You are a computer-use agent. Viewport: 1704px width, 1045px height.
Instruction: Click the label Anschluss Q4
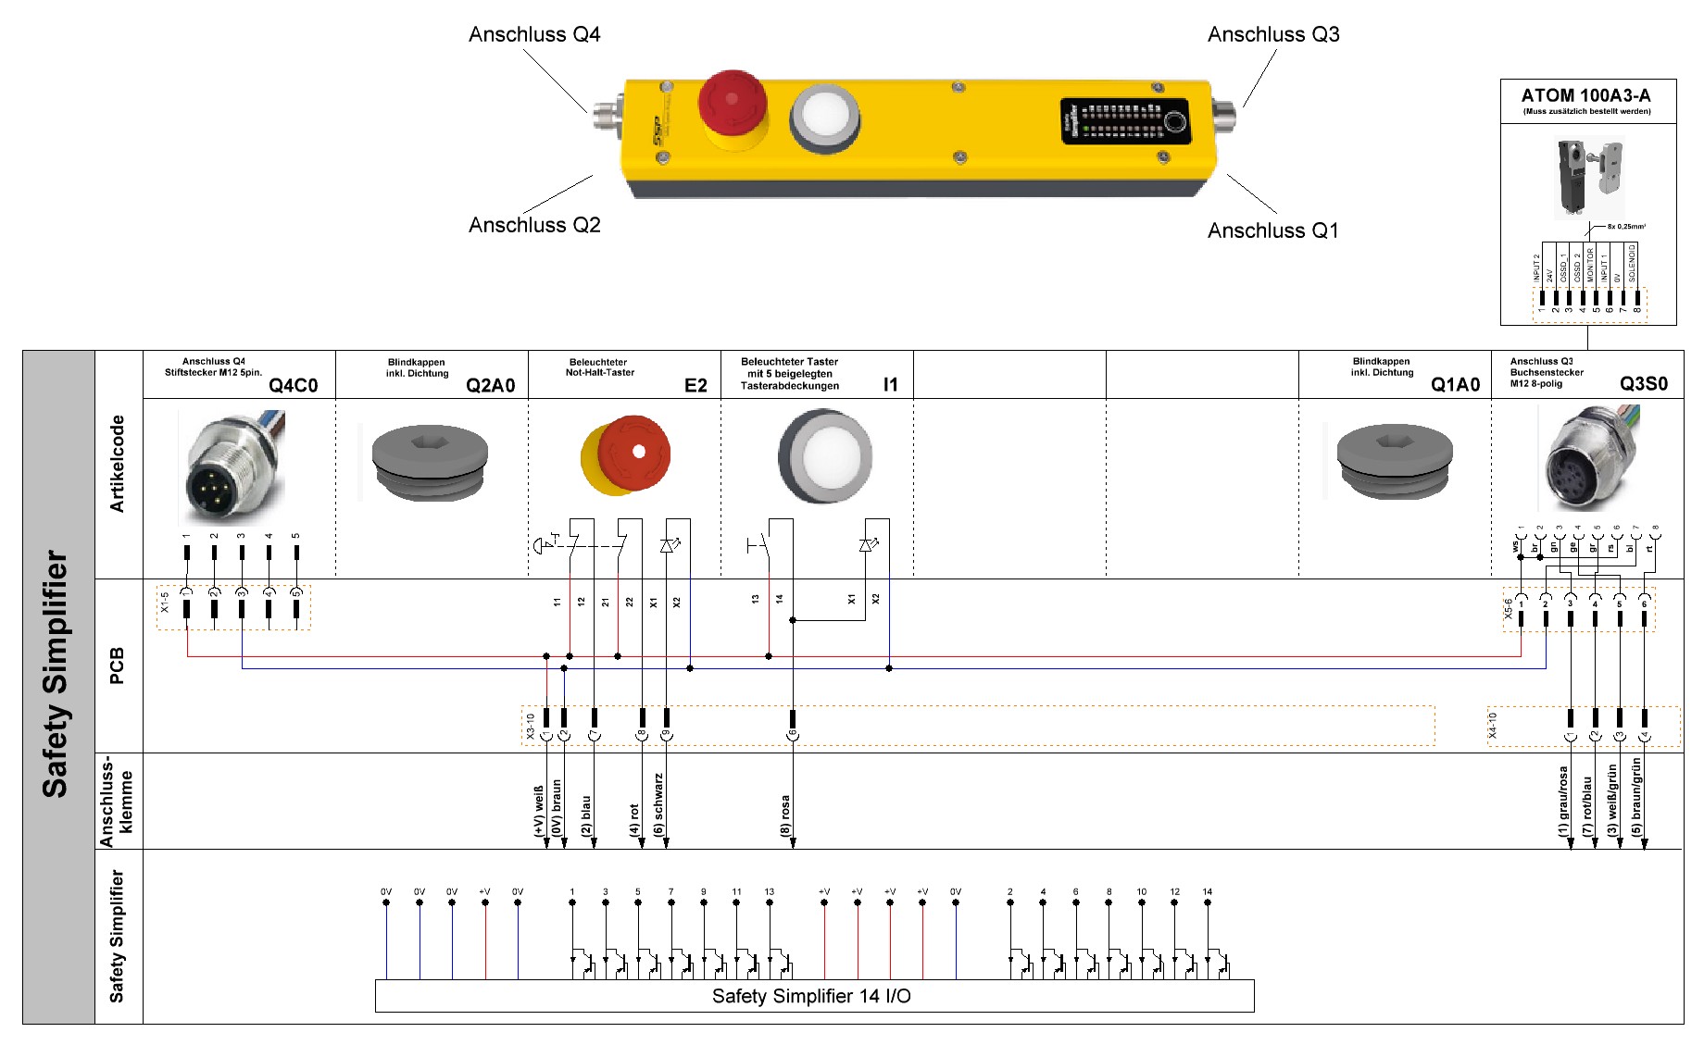coord(534,35)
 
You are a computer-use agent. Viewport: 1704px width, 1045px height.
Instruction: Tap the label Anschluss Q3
coord(1272,35)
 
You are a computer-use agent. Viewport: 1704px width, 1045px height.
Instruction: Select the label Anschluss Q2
coord(534,225)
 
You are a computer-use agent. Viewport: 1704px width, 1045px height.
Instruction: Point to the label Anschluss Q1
coord(1272,230)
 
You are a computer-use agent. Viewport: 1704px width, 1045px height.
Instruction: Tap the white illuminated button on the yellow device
coord(825,117)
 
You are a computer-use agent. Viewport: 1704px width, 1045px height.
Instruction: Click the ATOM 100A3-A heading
coord(1585,95)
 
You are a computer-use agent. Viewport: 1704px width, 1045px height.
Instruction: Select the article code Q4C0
coord(293,386)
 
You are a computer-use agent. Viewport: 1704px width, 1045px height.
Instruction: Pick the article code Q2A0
coord(490,386)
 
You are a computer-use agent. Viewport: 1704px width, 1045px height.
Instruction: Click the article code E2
coord(695,386)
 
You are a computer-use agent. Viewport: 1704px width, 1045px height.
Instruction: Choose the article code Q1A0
coord(1455,385)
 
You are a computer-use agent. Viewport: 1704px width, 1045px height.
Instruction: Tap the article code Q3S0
coord(1643,384)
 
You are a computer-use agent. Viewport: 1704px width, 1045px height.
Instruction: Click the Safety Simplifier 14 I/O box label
coord(811,996)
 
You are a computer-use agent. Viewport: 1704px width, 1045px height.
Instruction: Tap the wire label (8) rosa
coord(785,815)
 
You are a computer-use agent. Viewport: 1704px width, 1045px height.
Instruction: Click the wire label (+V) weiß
coord(539,811)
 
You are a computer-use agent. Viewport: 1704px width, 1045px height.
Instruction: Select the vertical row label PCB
coord(117,666)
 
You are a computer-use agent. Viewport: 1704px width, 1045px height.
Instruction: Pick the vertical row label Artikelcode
coord(117,464)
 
